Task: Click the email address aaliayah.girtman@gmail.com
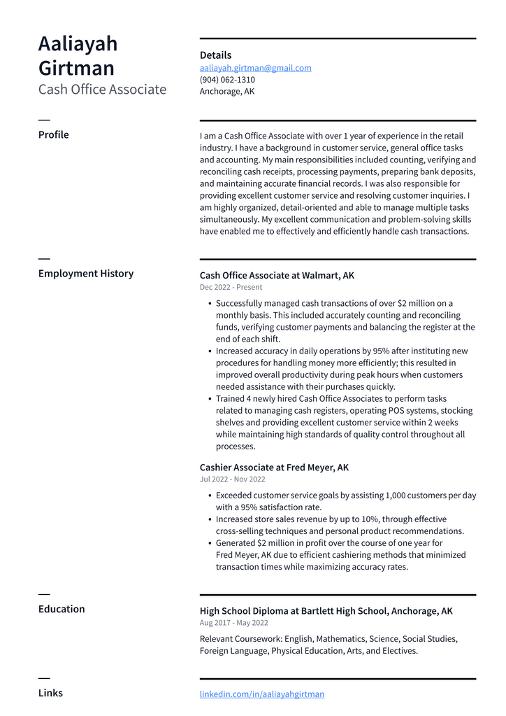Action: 255,68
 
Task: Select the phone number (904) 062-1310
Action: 227,80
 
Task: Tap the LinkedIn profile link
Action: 262,694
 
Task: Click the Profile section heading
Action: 54,134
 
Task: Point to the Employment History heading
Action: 86,274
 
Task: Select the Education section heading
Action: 62,609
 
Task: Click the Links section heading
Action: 50,693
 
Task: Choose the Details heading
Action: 215,55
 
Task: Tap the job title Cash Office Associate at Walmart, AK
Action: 277,276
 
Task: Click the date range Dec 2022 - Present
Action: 231,288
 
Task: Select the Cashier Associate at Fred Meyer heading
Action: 274,468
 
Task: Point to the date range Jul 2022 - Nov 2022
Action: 233,479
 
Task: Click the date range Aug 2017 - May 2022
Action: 234,623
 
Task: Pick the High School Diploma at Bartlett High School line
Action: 326,611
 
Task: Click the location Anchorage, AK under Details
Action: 227,92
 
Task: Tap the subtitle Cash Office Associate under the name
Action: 102,90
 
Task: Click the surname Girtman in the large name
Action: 76,69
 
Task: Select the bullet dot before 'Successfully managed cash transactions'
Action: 210,304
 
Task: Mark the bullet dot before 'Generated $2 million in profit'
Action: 210,543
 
